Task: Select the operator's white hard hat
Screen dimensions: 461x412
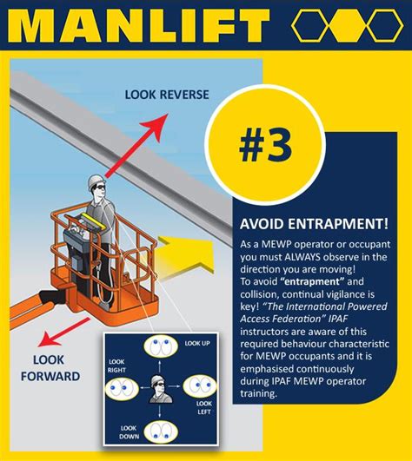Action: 95,180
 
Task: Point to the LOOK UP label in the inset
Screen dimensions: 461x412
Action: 196,344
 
